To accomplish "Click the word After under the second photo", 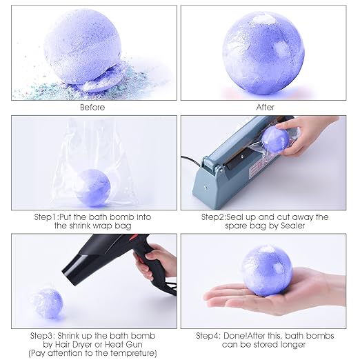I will point(265,107).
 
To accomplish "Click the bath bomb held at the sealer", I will point(277,139).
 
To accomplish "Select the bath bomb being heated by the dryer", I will point(46,304).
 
